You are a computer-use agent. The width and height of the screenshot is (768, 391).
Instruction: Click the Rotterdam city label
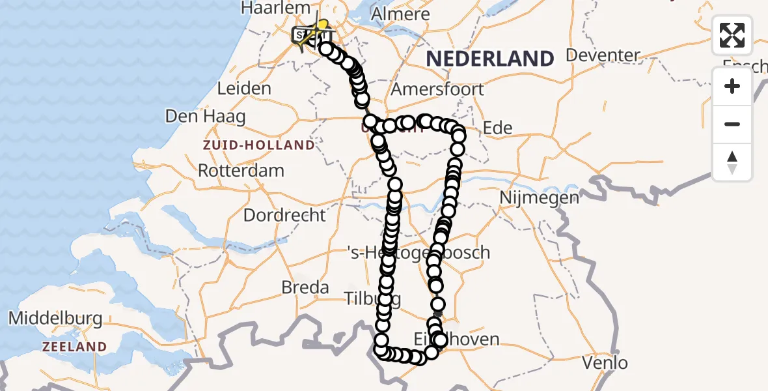tap(241, 171)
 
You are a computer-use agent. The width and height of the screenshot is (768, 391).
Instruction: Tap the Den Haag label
tap(205, 117)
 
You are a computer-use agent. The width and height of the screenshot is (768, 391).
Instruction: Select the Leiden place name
tap(244, 88)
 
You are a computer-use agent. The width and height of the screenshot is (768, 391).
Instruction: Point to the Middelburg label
tap(55, 319)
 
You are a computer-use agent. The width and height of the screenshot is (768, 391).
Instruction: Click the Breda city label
tap(305, 287)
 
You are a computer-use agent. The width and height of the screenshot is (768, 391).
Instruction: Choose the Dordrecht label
tap(284, 214)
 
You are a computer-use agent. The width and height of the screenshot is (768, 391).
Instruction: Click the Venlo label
tap(605, 362)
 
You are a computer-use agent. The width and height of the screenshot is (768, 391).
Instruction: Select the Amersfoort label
tap(437, 89)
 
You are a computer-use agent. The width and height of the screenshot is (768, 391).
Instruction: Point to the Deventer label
tap(603, 54)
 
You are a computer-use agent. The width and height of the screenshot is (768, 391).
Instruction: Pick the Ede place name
tap(497, 128)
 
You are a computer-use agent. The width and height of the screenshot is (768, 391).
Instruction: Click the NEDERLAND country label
tap(489, 58)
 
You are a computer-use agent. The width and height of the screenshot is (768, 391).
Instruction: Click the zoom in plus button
tap(732, 86)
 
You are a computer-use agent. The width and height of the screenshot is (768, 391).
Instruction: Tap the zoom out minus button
tap(732, 124)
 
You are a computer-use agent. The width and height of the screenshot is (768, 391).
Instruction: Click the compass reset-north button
tap(732, 162)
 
